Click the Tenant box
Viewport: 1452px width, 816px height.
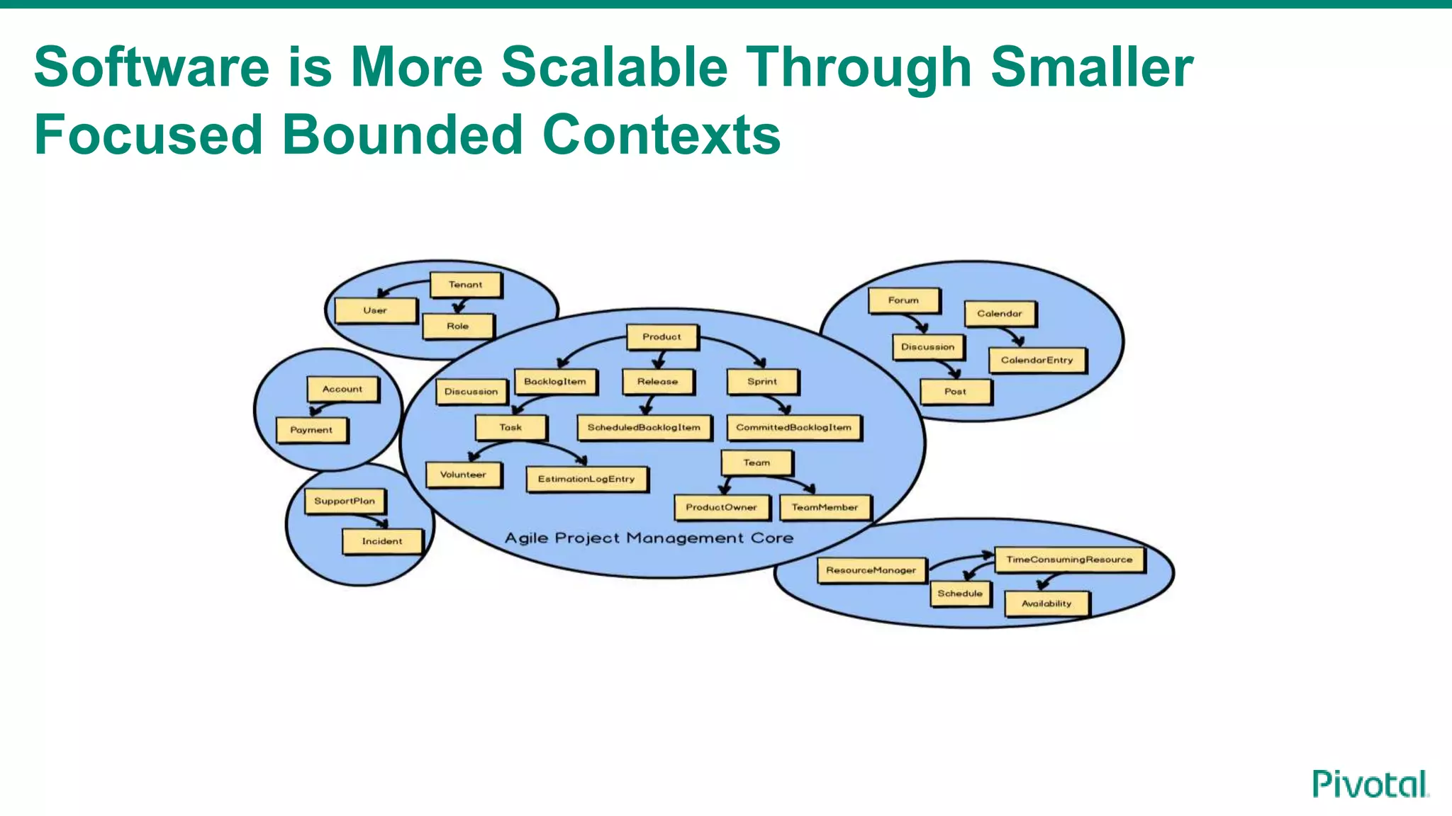point(465,285)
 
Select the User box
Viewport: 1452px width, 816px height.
point(375,310)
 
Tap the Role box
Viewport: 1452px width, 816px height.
point(458,326)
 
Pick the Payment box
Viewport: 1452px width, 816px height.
point(311,429)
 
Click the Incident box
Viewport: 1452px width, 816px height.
point(382,541)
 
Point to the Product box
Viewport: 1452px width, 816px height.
point(661,337)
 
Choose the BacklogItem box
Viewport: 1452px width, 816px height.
point(555,381)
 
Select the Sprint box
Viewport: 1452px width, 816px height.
point(762,381)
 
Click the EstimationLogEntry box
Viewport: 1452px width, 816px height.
point(586,479)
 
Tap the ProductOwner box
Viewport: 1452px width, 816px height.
point(721,507)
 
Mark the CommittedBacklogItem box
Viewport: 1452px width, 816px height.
point(793,427)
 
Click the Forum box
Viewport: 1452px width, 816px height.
point(903,300)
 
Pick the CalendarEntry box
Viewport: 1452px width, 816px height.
point(1037,360)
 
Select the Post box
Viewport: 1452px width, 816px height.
point(955,391)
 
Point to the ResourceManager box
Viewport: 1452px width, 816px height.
point(871,570)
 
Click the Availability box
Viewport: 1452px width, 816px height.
point(1046,603)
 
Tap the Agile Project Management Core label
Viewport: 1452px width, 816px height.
point(649,538)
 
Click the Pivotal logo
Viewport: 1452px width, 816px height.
point(1370,784)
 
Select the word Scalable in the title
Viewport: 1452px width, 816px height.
point(615,67)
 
